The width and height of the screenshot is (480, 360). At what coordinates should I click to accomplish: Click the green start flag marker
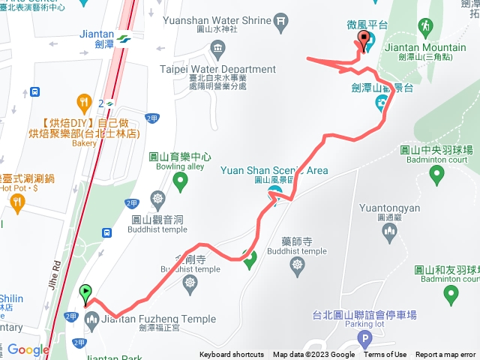click(x=86, y=292)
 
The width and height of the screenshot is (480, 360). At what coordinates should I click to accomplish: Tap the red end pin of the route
click(x=364, y=40)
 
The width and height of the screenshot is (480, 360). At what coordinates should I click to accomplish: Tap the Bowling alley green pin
click(x=180, y=180)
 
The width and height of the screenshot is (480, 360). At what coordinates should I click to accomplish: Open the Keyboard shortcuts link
click(x=231, y=355)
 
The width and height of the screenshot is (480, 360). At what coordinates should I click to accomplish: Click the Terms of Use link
click(x=385, y=355)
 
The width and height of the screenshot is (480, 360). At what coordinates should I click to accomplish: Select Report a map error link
click(x=445, y=355)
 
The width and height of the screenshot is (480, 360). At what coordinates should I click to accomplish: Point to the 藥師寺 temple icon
click(x=298, y=263)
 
